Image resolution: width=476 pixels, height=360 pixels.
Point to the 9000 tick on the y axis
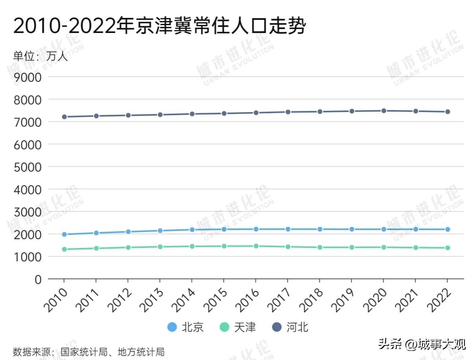click(x=27, y=77)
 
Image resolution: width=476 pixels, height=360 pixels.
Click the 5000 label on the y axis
click(x=27, y=167)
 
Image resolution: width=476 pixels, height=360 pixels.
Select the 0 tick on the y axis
click(x=38, y=279)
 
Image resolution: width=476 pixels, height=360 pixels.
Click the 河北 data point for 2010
click(x=64, y=117)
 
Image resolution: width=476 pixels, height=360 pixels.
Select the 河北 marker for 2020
click(x=383, y=111)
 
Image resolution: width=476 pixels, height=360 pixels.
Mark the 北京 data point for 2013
click(x=160, y=230)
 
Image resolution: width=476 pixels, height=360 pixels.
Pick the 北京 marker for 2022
click(x=447, y=229)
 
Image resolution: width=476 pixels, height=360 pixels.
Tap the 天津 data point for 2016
click(x=256, y=246)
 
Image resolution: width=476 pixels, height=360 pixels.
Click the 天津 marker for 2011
click(x=96, y=248)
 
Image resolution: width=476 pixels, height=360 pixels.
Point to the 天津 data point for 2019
click(x=351, y=247)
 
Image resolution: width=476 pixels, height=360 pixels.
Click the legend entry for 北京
click(x=186, y=327)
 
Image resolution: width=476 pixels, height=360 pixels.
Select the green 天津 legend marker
click(x=225, y=327)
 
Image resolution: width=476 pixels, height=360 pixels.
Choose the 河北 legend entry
click(x=290, y=327)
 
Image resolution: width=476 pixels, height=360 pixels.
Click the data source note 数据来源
click(x=89, y=352)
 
